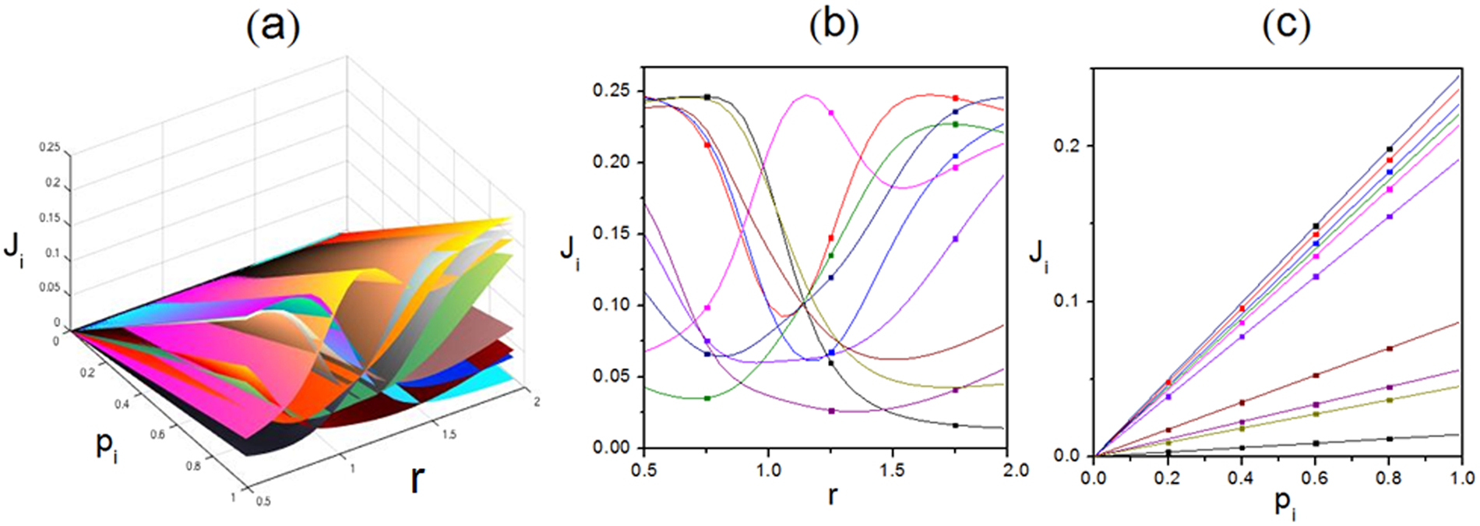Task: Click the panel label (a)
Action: click(273, 26)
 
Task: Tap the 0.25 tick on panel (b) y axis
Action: click(612, 91)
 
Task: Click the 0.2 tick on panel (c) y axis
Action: click(1068, 147)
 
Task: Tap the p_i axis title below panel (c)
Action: click(1286, 504)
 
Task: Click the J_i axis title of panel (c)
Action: click(1038, 256)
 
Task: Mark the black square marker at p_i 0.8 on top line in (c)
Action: click(1390, 149)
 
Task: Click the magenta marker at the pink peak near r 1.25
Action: click(831, 113)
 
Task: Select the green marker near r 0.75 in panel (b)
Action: click(707, 398)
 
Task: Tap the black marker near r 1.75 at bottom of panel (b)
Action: click(956, 425)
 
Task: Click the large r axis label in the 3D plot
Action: click(418, 479)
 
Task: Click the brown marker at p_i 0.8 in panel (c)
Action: click(1390, 348)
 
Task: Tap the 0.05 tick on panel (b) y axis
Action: click(612, 377)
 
